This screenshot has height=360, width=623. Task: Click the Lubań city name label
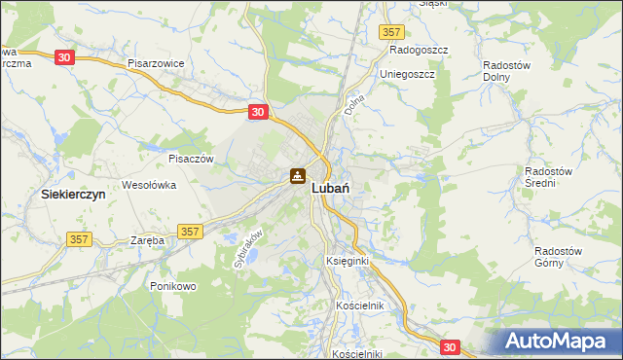click(332, 192)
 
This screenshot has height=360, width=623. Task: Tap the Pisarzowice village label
click(156, 62)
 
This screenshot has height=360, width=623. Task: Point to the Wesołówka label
click(148, 184)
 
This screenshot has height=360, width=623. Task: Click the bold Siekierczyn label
click(73, 195)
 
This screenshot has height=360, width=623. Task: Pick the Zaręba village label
click(149, 239)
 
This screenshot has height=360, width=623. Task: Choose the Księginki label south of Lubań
click(347, 262)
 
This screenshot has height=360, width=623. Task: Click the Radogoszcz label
click(418, 49)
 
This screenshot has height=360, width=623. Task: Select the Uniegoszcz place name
click(413, 73)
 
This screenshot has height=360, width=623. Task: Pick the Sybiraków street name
click(249, 248)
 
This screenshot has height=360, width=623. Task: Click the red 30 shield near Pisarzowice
click(64, 58)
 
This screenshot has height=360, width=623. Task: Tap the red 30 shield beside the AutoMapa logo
click(449, 346)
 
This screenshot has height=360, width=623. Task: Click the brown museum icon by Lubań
click(297, 177)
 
